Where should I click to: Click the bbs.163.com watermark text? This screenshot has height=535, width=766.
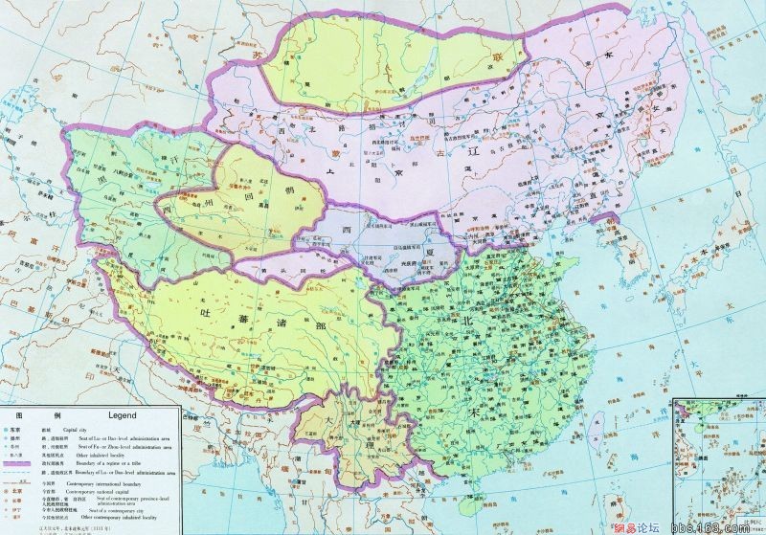click(709, 524)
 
